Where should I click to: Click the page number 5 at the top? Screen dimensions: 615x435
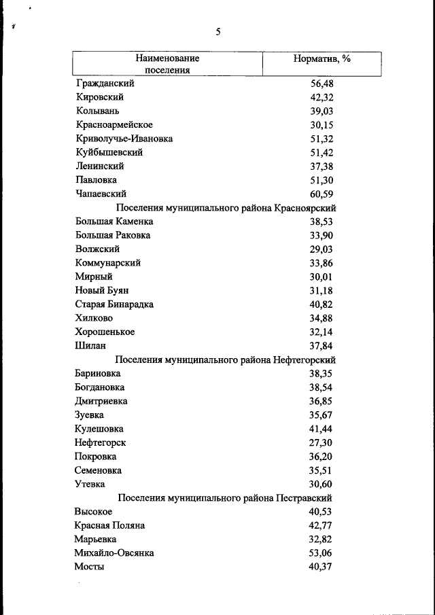tap(217, 31)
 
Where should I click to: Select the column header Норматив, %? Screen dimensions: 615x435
tap(321, 58)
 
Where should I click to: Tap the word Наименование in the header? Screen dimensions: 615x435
tap(167, 58)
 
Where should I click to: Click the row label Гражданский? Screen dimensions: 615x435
tap(105, 84)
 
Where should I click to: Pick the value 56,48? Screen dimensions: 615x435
tap(321, 84)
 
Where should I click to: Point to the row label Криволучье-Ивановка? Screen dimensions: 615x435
tap(124, 139)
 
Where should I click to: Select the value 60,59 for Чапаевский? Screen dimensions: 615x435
tap(321, 194)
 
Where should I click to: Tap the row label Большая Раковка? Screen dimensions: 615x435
tap(112, 235)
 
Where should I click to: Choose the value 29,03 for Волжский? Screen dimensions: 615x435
tap(321, 249)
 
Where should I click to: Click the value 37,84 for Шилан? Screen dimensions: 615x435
tap(321, 345)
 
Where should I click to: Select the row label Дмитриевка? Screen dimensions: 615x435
tap(101, 401)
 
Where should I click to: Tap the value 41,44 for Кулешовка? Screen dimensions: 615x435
tap(321, 429)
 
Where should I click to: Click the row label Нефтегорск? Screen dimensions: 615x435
tap(100, 442)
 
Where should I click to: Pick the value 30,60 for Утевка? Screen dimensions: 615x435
tap(321, 484)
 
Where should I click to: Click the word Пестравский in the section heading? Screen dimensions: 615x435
tap(304, 498)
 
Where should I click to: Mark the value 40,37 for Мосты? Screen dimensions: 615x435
tap(321, 567)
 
